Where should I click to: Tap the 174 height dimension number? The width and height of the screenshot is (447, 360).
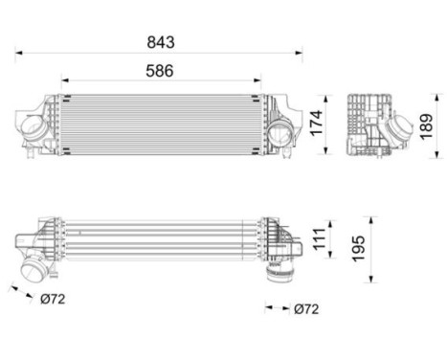tap(313, 123)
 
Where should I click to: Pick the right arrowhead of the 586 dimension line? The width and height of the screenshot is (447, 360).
tap(259, 81)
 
